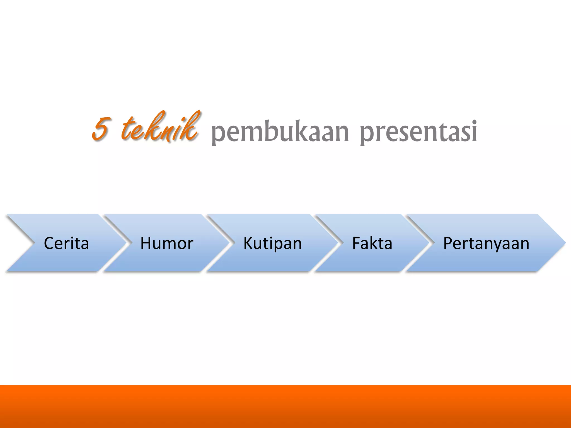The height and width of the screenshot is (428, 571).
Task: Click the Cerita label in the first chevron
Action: [x=66, y=243]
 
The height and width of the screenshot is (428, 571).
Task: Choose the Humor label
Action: [x=167, y=243]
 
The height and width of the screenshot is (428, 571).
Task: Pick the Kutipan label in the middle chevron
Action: [x=272, y=243]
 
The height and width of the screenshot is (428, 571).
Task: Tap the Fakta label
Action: [x=372, y=243]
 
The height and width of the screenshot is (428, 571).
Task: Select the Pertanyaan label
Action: [x=486, y=243]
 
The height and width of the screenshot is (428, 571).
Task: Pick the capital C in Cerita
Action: [x=49, y=243]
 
